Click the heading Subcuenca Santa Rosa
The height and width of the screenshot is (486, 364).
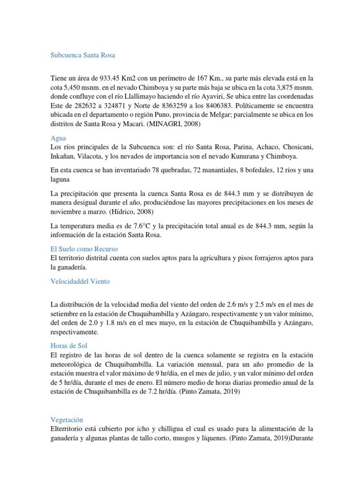pos(83,55)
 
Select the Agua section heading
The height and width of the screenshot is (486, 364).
pos(58,138)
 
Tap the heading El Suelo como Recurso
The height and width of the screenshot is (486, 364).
pos(84,248)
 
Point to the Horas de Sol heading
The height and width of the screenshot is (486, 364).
pos(69,346)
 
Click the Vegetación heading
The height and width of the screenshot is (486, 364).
pos(67,420)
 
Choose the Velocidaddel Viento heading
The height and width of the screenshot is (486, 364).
pos(80,281)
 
